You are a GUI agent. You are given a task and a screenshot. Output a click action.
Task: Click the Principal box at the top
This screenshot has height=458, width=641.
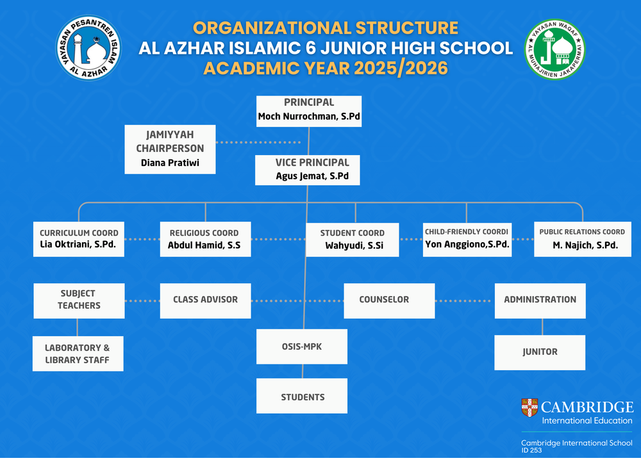tap(309, 111)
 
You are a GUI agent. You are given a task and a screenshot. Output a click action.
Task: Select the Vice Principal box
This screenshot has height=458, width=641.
tap(308, 170)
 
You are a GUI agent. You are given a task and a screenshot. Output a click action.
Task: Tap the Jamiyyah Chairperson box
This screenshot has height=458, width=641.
tap(170, 149)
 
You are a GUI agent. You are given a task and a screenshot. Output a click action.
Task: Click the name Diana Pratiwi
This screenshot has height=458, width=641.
tap(170, 163)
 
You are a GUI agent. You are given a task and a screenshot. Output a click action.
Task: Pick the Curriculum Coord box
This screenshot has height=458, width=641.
tap(78, 239)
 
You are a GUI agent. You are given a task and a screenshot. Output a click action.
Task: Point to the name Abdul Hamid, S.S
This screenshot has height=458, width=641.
tap(204, 245)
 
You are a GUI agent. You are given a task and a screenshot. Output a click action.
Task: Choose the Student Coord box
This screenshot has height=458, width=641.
tap(353, 240)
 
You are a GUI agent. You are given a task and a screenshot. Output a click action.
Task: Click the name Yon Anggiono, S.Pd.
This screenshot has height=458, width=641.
tap(467, 244)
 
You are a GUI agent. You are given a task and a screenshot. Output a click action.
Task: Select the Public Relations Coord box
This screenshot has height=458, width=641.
tap(583, 239)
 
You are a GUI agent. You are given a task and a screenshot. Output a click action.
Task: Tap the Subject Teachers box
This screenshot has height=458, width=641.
tap(79, 300)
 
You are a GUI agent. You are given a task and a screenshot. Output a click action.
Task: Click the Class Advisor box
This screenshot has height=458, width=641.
tap(205, 300)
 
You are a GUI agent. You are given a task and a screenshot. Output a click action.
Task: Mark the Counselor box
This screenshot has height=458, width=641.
tap(389, 300)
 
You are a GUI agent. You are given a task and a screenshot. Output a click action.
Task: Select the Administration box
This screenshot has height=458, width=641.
tap(540, 300)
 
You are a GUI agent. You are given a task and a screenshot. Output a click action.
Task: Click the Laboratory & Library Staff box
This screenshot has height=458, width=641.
tap(78, 354)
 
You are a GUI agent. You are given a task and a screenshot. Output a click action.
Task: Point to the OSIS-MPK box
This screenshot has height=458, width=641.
tap(302, 347)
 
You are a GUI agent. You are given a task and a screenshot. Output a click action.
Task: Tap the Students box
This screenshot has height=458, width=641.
tap(302, 396)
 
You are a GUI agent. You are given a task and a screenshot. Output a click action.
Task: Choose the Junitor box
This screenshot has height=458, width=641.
tap(540, 352)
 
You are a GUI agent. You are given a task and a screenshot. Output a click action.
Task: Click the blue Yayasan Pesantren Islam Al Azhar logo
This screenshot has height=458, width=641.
tap(88, 48)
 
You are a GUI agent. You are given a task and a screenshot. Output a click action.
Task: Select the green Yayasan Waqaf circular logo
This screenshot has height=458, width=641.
tap(554, 49)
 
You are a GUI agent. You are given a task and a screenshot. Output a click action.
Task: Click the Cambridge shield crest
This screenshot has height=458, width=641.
tap(529, 407)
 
